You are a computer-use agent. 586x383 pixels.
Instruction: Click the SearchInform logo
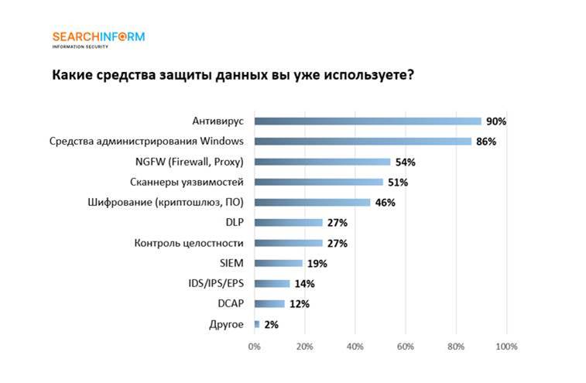pos(98,38)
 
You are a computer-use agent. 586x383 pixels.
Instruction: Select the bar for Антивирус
pos(368,121)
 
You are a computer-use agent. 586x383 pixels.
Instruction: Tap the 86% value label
pos(486,142)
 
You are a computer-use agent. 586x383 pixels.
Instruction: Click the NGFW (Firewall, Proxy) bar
pos(322,162)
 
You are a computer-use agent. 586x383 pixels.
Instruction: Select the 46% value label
pos(386,203)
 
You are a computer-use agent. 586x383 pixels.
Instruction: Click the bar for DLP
pos(288,223)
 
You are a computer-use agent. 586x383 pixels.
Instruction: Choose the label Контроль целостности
pos(189,243)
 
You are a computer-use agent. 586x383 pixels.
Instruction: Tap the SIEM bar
pos(278,263)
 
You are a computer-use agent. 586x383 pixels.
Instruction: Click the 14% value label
pos(304,283)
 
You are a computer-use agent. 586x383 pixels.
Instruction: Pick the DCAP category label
pos(231,303)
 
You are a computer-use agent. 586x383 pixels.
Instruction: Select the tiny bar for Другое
pos(257,324)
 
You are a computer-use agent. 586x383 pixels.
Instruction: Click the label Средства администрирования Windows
pos(146,142)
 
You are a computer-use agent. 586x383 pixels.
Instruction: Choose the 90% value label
pos(496,121)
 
